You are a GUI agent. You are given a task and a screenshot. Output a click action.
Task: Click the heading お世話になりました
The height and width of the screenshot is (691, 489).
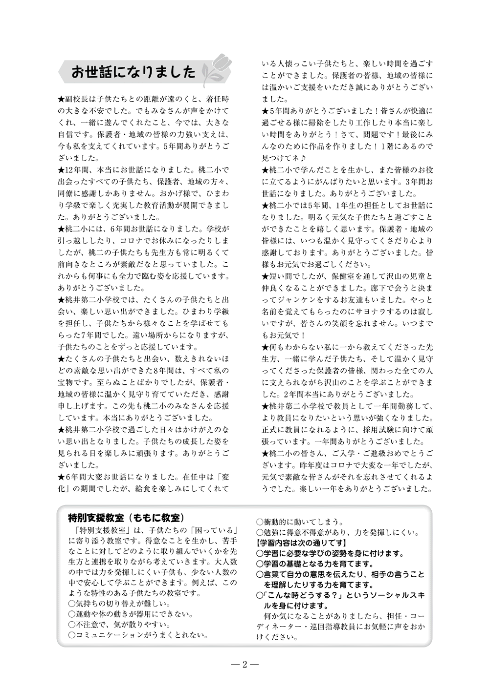[133, 72]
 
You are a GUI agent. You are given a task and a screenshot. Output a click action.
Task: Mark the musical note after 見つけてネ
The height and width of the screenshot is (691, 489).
[304, 158]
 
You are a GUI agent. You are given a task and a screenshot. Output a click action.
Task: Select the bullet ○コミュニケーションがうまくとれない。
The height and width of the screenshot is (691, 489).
[138, 635]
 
